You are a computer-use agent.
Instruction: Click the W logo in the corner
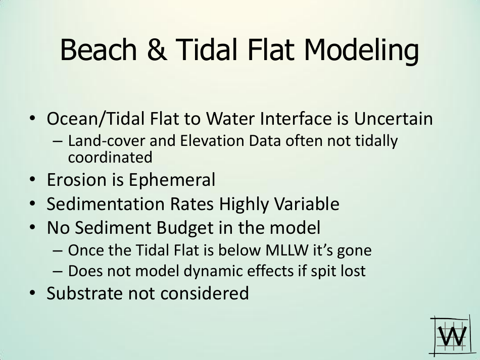tap(450, 335)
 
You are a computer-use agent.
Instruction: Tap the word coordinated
tap(110, 158)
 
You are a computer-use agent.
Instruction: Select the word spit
tap(319, 271)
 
